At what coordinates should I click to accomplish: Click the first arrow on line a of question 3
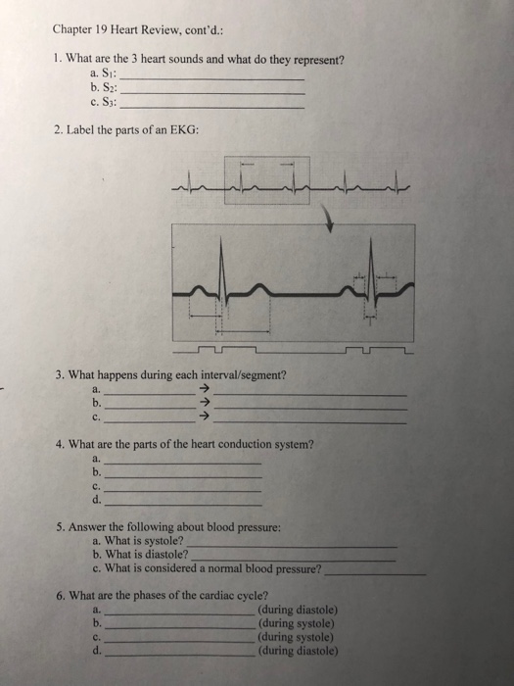coord(205,389)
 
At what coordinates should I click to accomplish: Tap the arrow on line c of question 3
coord(205,416)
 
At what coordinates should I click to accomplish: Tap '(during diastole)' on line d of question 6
coord(298,649)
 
